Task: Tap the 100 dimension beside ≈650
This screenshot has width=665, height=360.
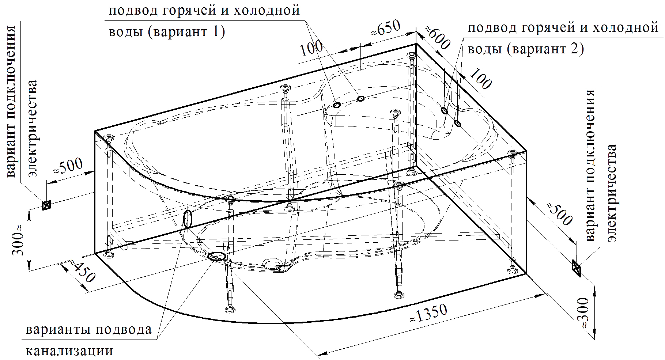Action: click(311, 48)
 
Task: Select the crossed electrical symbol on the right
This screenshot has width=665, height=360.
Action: click(576, 269)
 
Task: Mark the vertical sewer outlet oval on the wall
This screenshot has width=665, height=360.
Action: click(187, 219)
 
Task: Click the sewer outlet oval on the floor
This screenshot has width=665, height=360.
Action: click(216, 257)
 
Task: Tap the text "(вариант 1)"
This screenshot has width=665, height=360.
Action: click(186, 33)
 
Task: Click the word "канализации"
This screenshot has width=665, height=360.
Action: click(69, 351)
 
